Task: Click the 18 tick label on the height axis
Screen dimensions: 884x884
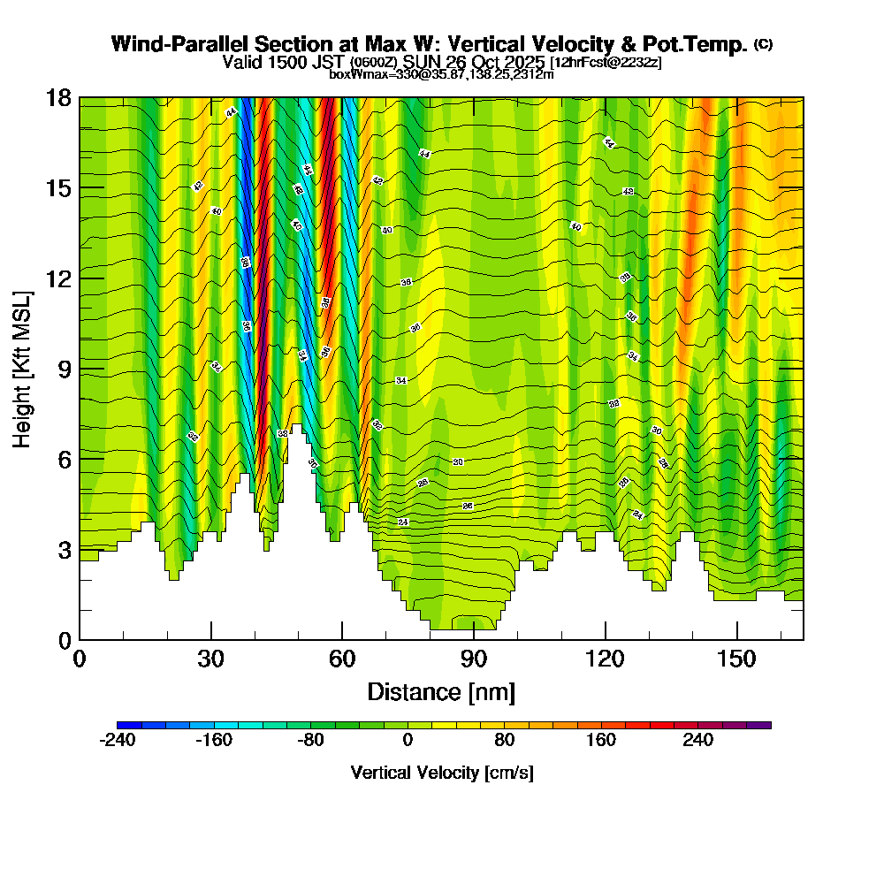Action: click(58, 98)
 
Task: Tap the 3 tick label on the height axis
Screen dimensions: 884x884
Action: click(64, 550)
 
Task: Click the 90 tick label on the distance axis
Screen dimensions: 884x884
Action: click(474, 661)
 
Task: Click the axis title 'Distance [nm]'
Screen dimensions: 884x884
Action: click(441, 691)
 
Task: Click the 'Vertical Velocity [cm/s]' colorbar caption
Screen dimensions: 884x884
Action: click(442, 773)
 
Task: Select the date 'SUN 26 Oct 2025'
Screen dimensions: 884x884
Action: click(475, 63)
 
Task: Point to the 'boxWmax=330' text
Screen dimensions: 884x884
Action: click(363, 74)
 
